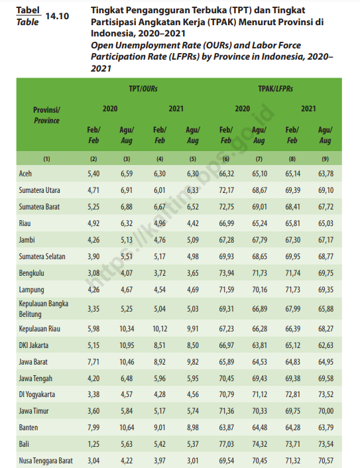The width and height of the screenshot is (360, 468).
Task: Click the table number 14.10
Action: [x=57, y=16]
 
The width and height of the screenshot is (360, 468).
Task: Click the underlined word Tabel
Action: [x=28, y=11]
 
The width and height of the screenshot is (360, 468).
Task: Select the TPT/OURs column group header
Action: [x=143, y=89]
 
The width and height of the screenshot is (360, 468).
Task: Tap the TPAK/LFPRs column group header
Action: [x=275, y=89]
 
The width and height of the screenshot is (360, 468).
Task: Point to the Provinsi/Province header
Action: [x=46, y=115]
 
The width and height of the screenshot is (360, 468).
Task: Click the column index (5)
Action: [x=193, y=159]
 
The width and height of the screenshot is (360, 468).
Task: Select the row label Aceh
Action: [x=25, y=174]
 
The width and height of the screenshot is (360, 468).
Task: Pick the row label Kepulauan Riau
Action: [x=39, y=329]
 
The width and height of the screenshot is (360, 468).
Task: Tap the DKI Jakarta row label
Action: [x=33, y=345]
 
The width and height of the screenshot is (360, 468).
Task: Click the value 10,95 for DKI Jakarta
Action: [x=127, y=345]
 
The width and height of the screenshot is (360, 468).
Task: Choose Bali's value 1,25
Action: [x=93, y=444]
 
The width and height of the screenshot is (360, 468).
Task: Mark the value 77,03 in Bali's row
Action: [x=226, y=444]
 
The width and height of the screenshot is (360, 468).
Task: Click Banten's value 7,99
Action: [x=93, y=428]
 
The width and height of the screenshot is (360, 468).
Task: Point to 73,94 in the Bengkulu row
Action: [x=226, y=273]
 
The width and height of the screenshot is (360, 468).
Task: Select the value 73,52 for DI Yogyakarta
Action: [x=326, y=394]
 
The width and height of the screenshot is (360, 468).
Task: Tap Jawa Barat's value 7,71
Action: [x=93, y=362]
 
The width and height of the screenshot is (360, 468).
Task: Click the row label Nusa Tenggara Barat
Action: [x=46, y=461]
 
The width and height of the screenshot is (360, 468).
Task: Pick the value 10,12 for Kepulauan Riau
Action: [x=160, y=329]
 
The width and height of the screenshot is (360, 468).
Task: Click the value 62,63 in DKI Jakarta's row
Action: [x=326, y=345]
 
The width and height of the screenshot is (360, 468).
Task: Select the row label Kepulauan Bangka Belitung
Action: [x=44, y=309]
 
